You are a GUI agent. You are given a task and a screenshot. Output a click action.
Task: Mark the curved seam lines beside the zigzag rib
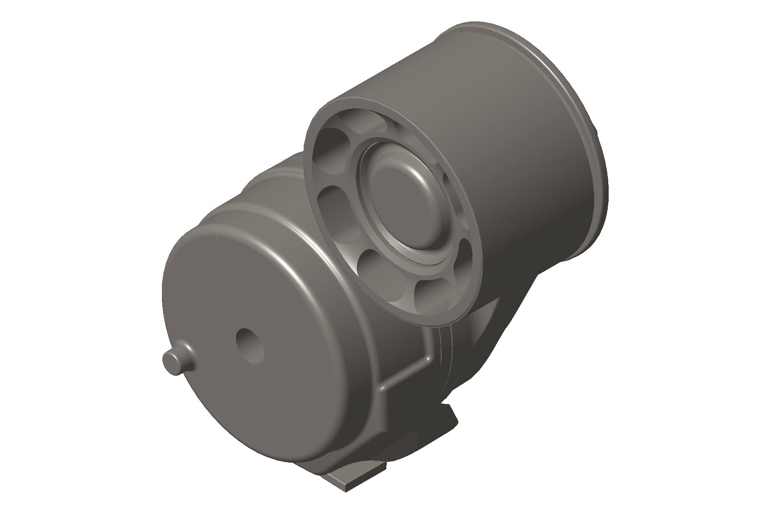coord(445,360)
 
